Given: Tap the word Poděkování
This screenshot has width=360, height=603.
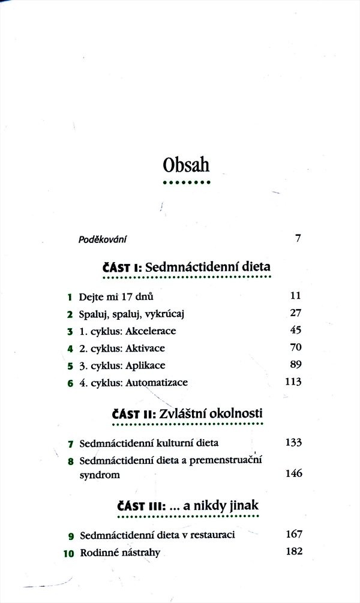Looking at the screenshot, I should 103,239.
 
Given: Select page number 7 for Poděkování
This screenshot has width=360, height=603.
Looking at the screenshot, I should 298,239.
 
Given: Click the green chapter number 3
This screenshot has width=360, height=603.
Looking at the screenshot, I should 70,331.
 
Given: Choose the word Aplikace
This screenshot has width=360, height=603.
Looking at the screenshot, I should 145,365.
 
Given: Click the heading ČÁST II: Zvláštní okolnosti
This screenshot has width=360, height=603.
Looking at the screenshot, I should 187,413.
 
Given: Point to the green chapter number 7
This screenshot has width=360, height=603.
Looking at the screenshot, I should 70,444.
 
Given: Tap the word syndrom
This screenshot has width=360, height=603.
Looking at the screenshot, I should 100,475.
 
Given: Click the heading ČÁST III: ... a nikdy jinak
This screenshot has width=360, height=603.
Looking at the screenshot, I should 187,505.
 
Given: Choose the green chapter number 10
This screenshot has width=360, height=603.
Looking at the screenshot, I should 68,553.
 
